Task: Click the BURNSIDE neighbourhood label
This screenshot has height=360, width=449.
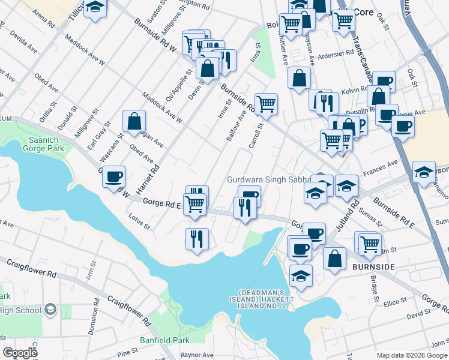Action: pos(373,266)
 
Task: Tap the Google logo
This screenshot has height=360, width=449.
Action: pos(20,353)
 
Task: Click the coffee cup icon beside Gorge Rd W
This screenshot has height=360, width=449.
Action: pos(113,178)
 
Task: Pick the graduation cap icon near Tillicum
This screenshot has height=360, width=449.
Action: pos(95,8)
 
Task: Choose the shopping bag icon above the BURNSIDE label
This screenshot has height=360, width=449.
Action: pos(335,259)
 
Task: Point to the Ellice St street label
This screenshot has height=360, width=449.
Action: pos(395,301)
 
